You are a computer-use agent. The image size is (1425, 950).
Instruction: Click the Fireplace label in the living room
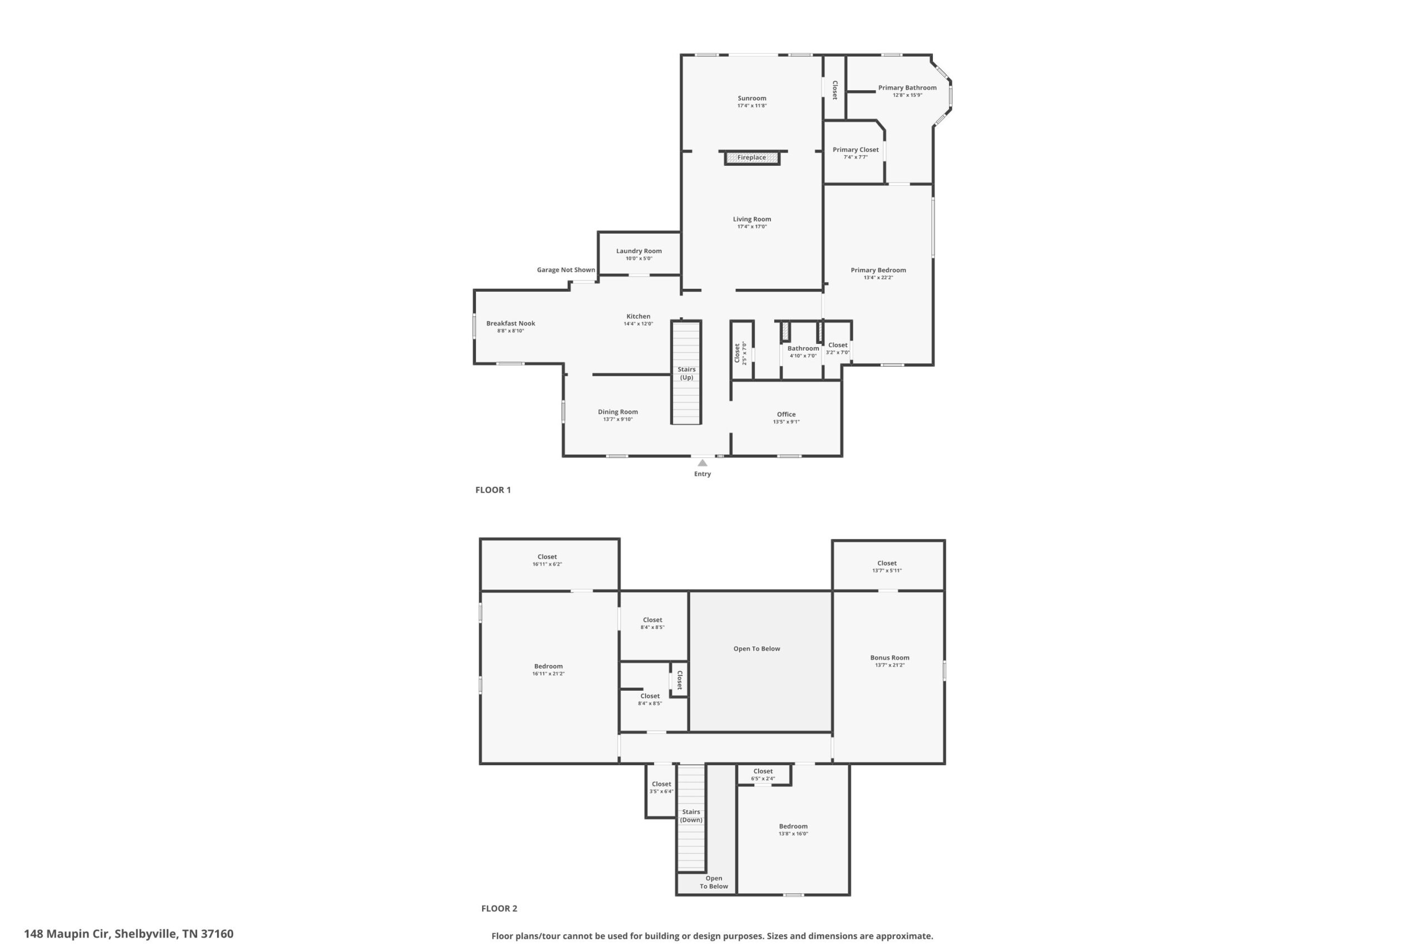pos(751,157)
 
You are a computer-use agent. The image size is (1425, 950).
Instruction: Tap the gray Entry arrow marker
pos(702,463)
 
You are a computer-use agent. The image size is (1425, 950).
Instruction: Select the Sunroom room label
pos(752,98)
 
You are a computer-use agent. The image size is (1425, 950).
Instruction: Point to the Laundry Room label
pos(638,251)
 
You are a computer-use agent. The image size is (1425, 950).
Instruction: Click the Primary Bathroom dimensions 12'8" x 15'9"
pos(907,95)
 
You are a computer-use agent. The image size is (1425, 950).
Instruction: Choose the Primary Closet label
pos(856,150)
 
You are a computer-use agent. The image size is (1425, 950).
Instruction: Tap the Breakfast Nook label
pos(511,323)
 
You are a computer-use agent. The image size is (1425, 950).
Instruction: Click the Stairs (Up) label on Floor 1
pos(686,373)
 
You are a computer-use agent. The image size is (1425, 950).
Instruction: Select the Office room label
pos(787,415)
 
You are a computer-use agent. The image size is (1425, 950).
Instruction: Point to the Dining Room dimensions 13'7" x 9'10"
pos(618,419)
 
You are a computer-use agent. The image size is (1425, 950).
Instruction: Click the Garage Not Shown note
pos(566,269)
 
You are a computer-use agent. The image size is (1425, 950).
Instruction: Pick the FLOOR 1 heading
pos(493,490)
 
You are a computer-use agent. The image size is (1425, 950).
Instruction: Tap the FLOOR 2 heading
pos(499,908)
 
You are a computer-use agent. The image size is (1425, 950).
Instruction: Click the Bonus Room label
pos(890,657)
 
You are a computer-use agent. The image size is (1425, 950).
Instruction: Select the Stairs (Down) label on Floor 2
pos(691,815)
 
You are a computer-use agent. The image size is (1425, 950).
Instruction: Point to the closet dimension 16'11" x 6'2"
pos(547,564)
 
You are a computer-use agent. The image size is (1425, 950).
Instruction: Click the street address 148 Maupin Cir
pos(68,934)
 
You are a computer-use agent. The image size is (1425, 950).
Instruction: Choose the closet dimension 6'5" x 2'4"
pos(763,779)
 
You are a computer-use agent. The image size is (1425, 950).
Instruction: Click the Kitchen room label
pos(638,316)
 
